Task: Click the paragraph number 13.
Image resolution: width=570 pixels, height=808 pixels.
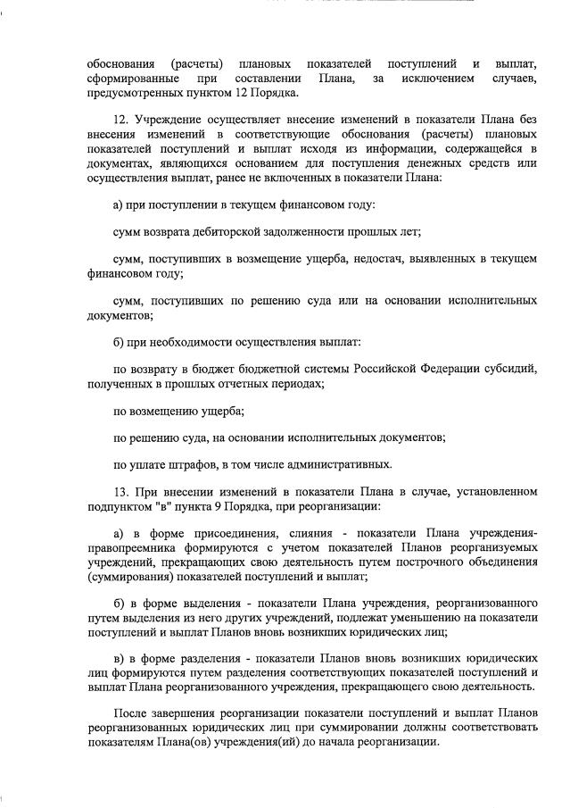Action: tap(122, 491)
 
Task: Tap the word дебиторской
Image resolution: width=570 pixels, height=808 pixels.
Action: tap(251, 231)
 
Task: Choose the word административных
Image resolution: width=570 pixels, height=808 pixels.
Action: tap(347, 463)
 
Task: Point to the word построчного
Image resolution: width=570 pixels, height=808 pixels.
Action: tap(433, 562)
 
